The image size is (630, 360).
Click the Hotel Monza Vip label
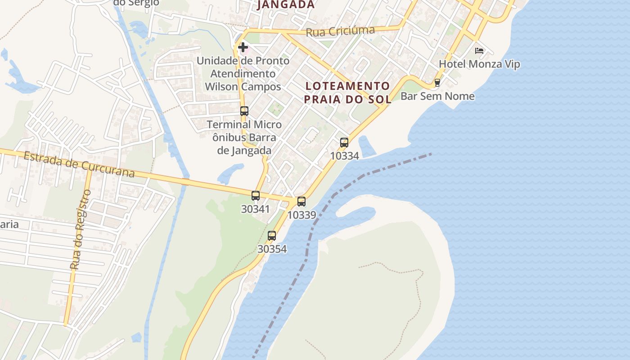tap(479, 64)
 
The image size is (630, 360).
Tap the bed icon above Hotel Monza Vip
tap(479, 50)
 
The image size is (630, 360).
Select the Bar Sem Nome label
tap(437, 96)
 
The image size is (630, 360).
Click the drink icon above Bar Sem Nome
tap(437, 83)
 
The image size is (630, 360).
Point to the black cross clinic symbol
tap(243, 47)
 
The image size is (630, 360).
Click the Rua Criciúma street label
tap(340, 31)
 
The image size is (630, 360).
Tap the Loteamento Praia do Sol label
tap(347, 92)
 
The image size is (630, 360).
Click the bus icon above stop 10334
tap(344, 143)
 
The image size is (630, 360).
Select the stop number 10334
tap(344, 156)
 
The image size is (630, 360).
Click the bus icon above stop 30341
tap(256, 196)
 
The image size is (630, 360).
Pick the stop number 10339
tap(301, 215)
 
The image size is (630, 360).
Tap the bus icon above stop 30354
tap(272, 235)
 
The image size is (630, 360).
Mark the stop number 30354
tap(272, 249)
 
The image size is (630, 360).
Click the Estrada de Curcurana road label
tap(79, 165)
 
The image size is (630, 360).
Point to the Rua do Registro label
tap(81, 229)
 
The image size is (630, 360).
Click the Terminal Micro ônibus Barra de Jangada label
tap(244, 137)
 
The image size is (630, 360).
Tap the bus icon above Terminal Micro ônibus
tap(244, 111)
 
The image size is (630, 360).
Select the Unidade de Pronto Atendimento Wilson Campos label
tap(243, 73)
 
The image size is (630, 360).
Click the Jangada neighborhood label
tap(286, 4)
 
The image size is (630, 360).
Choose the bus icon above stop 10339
tap(301, 202)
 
